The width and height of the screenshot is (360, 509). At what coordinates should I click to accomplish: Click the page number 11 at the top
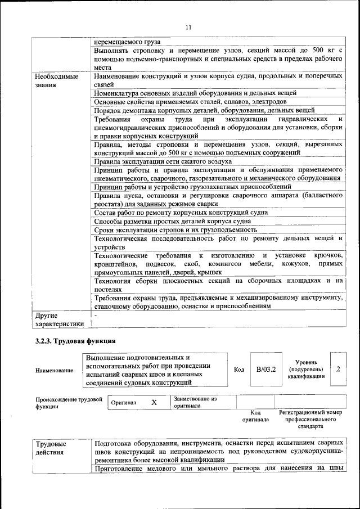point(188,27)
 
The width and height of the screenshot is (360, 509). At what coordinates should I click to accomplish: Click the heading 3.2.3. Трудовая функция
point(75,340)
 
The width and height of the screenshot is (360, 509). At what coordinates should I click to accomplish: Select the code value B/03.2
point(265,370)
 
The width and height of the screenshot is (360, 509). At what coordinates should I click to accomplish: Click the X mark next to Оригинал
point(154,403)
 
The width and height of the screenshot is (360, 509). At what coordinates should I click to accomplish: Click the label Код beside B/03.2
point(238,370)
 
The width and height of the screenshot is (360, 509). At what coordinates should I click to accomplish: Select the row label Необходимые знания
point(56,80)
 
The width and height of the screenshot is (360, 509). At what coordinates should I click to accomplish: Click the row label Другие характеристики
point(59,319)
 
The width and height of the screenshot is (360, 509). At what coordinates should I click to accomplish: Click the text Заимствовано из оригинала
point(195,402)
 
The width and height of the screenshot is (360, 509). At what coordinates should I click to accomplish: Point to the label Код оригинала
point(255,416)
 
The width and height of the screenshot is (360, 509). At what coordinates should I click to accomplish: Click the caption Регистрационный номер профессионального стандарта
point(310,420)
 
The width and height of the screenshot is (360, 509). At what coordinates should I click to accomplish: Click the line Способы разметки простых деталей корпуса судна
point(172,221)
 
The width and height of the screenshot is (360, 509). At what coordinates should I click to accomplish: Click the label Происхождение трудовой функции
point(69,403)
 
